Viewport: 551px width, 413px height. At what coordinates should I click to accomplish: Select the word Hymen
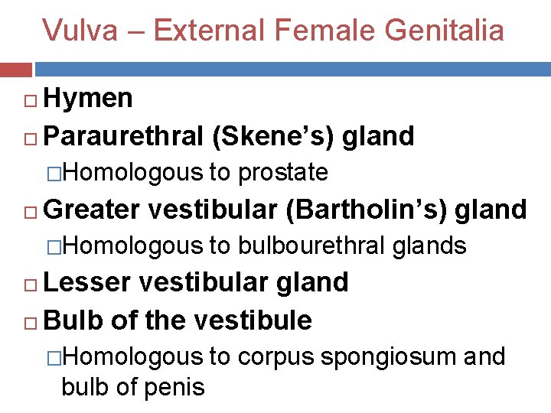[89, 98]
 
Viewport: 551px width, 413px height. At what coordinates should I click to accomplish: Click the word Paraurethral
[123, 136]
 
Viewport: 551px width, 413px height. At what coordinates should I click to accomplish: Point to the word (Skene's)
[272, 136]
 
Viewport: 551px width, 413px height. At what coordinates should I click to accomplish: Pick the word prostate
[283, 173]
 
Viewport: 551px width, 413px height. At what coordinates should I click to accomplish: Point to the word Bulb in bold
[73, 320]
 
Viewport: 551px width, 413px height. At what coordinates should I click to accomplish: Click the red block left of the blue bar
[16, 70]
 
